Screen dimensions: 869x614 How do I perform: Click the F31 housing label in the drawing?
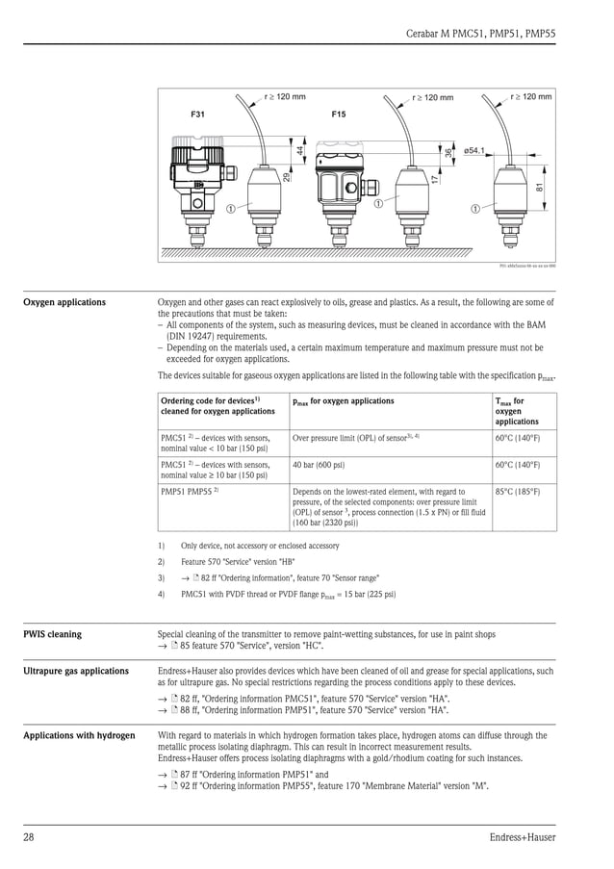[x=197, y=115]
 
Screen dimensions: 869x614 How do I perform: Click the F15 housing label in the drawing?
[x=339, y=115]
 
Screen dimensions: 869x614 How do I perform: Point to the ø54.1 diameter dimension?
[x=474, y=151]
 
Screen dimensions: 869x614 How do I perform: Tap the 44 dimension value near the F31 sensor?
[x=300, y=150]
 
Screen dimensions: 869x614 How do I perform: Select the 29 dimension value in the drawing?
[x=288, y=176]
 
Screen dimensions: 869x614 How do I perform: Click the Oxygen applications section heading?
[x=64, y=302]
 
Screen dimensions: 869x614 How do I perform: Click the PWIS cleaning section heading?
[x=53, y=634]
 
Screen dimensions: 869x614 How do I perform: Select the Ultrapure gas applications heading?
[x=76, y=671]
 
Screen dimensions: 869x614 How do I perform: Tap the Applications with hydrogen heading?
[x=79, y=735]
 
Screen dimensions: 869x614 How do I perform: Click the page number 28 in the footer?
[x=29, y=837]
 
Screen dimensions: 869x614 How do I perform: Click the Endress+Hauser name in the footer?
[x=521, y=837]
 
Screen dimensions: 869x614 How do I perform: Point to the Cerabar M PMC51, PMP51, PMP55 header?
[x=482, y=32]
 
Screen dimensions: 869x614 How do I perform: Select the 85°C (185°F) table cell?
[x=518, y=492]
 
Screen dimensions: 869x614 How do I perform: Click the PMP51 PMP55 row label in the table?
[x=189, y=492]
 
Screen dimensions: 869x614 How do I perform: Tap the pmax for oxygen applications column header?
[x=344, y=401]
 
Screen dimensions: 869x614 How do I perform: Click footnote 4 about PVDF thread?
[x=287, y=594]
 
